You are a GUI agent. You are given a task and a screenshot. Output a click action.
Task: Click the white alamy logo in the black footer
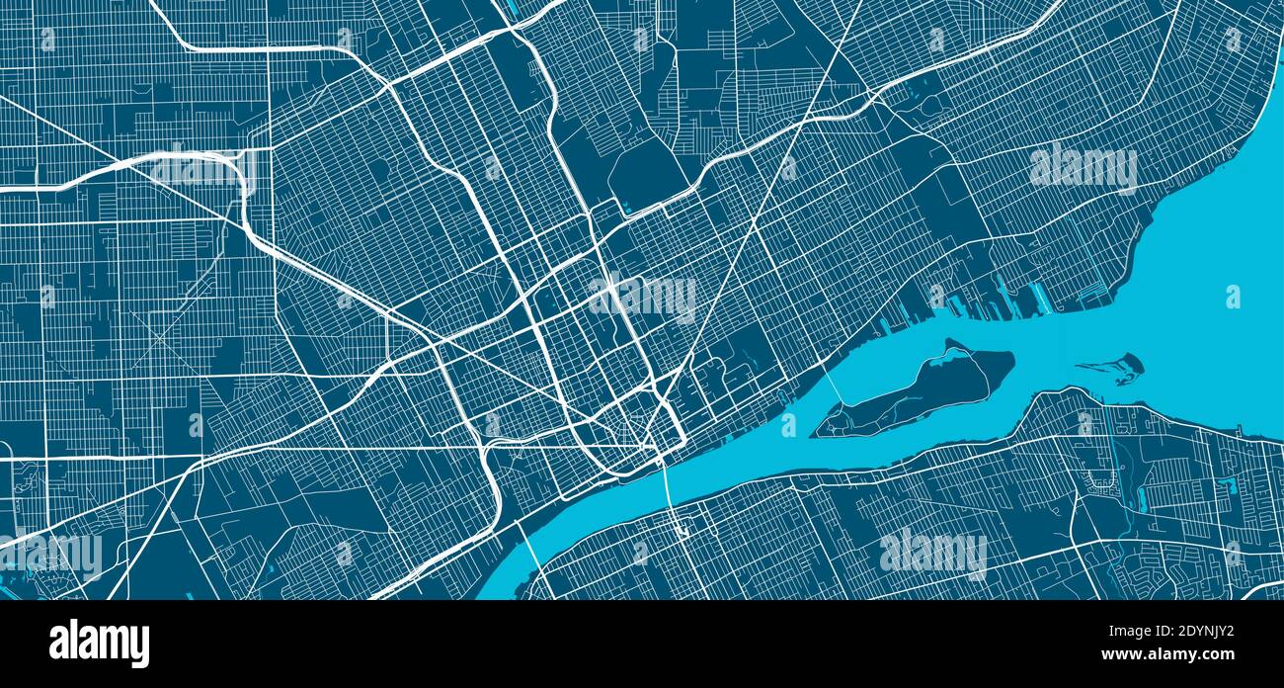pos(99,644)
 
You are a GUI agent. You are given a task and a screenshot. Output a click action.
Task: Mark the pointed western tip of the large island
pos(815,433)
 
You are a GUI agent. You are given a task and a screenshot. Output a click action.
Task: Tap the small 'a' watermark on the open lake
pos(1233,297)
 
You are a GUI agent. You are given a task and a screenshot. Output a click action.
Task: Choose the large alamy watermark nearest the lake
pos(1083,168)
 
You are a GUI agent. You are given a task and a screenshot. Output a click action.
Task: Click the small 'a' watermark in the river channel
pos(788,425)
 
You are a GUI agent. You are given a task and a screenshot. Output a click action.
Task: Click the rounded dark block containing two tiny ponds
pos(647,178)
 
